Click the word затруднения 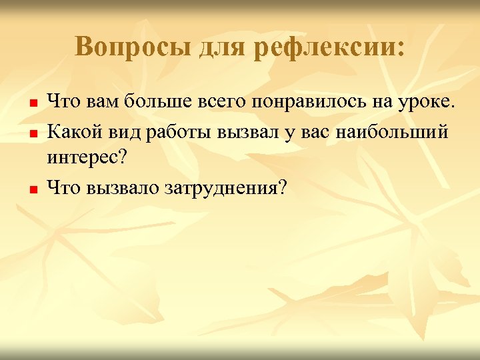point(225,189)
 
